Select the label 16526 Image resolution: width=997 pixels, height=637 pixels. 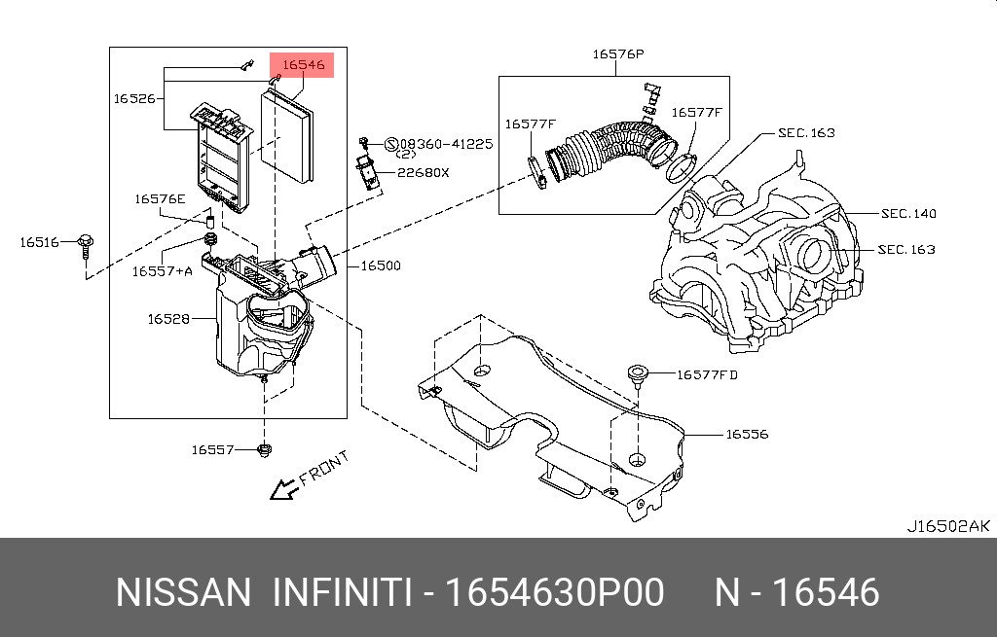click(135, 98)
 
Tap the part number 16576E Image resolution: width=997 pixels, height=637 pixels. click(160, 198)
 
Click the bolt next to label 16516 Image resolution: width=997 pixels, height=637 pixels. click(84, 242)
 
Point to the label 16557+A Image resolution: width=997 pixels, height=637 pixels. click(162, 270)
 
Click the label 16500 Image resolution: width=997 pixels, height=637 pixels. click(381, 265)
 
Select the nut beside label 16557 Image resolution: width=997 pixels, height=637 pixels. click(264, 448)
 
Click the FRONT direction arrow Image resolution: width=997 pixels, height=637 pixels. click(283, 489)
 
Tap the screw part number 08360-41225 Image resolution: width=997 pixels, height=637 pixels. click(446, 143)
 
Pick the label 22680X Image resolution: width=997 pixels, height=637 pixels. click(423, 172)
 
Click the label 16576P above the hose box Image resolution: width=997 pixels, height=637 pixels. click(617, 54)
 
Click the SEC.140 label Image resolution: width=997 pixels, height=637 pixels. click(907, 213)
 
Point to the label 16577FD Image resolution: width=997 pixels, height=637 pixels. click(707, 373)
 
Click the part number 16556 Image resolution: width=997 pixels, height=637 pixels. click(747, 434)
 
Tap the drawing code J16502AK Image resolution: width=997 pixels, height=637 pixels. click(948, 526)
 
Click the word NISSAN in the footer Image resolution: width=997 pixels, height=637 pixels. click(183, 592)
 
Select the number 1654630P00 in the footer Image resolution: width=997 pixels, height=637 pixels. click(555, 592)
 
